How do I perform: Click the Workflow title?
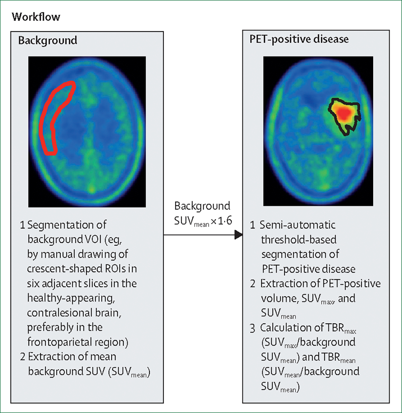coord(36,17)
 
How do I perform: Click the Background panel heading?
coord(48,40)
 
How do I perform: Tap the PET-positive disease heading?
coord(299,39)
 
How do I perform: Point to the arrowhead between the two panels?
coord(239,235)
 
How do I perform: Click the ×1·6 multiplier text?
coord(221,221)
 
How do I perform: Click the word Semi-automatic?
coord(297,225)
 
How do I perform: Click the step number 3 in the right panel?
coord(253,328)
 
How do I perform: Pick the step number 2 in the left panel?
coord(22,357)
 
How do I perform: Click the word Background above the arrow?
coord(202,206)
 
